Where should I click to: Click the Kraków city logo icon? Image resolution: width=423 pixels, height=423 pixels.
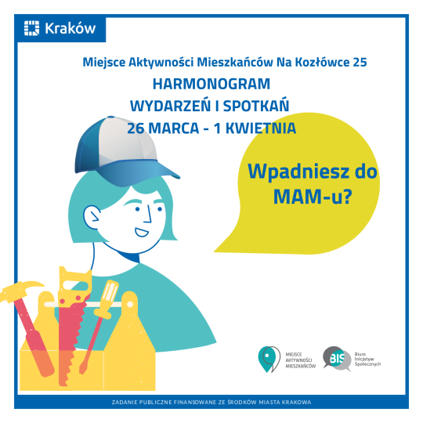point(31,28)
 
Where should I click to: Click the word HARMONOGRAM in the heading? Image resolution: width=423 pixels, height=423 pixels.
point(211,84)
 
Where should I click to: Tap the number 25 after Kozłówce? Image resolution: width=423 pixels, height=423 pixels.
point(360,63)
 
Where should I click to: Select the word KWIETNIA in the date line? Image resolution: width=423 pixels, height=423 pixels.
point(261,128)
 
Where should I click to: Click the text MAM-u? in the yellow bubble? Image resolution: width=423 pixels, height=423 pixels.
point(313,197)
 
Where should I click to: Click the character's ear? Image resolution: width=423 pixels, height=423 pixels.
point(91,217)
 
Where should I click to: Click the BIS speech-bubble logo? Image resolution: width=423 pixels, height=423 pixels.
point(337,358)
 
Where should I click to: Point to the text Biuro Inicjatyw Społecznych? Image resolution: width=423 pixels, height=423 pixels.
point(367,359)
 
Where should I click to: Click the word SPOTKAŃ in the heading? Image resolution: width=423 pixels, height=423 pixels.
point(256,106)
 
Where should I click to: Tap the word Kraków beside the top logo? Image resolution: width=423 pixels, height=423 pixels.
point(70,28)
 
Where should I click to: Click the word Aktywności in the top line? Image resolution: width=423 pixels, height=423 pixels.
point(161,63)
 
